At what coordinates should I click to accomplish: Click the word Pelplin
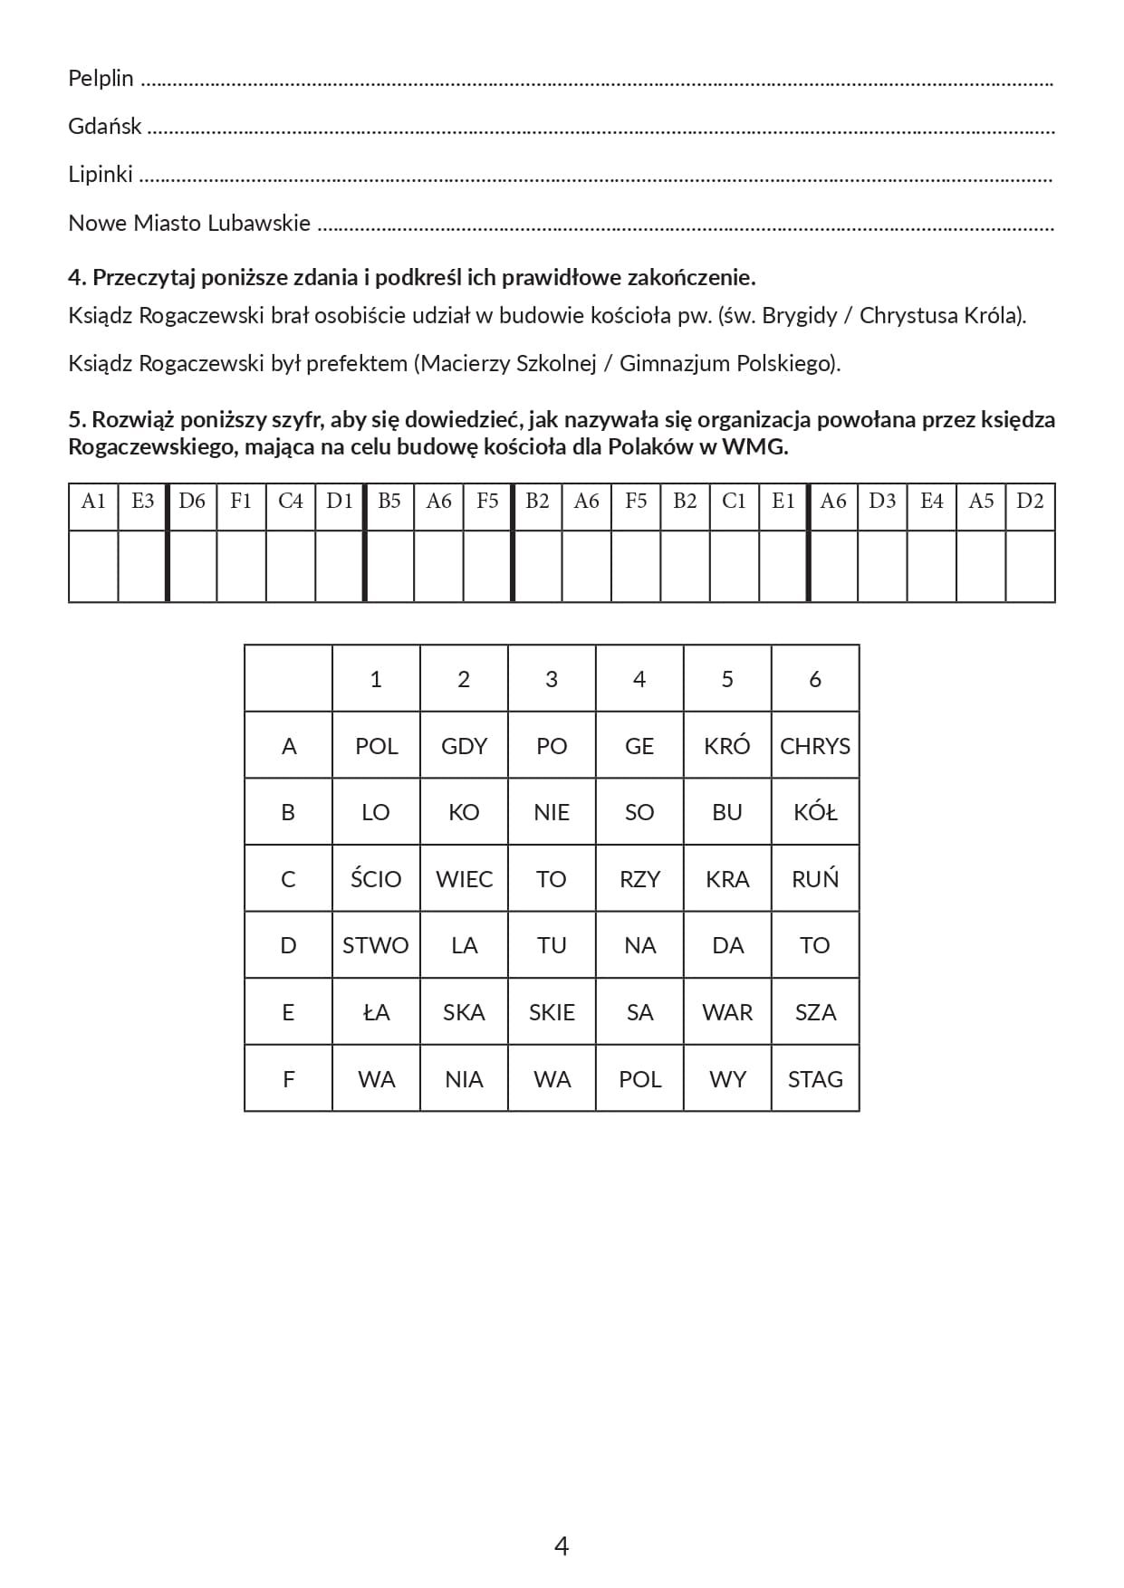tap(101, 79)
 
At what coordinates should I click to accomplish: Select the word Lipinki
tap(100, 175)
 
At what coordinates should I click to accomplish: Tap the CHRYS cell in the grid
tap(815, 746)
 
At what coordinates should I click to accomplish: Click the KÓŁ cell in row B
tap(815, 812)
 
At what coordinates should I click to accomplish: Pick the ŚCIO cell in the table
tap(376, 879)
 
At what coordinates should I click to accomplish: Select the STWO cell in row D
tap(376, 945)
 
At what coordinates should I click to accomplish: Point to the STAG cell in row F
tap(815, 1079)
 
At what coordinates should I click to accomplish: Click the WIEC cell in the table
tap(464, 879)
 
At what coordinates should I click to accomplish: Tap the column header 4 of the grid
tap(639, 679)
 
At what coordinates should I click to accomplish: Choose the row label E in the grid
tap(288, 1012)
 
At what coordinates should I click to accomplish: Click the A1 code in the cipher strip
tap(93, 502)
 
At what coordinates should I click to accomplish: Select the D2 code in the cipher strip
tap(1030, 502)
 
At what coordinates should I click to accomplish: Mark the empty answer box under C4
tap(291, 567)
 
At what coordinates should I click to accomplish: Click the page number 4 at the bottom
tap(562, 1545)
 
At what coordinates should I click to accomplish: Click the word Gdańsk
tap(104, 127)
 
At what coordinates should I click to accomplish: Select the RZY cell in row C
tap(639, 879)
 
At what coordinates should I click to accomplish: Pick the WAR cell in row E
tap(727, 1012)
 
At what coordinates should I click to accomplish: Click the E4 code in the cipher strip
tap(931, 502)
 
